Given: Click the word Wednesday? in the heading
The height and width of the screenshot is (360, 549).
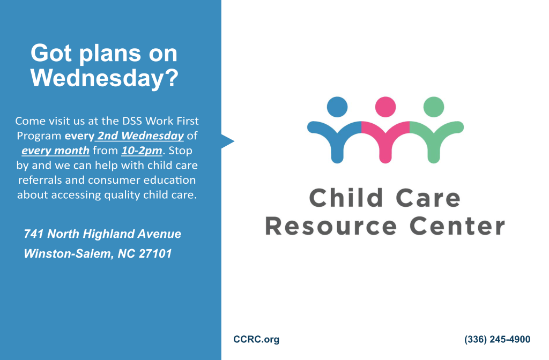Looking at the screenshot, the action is pos(105,79).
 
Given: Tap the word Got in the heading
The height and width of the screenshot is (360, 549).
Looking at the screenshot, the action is pos(51,53).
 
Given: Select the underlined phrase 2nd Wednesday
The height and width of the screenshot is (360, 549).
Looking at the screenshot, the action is pos(140,136).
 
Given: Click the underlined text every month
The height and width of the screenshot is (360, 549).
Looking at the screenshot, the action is pos(55,151).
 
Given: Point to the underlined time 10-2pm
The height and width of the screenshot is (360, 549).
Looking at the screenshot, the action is pos(142,151).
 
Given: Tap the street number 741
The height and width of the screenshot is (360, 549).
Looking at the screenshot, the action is pos(34,234).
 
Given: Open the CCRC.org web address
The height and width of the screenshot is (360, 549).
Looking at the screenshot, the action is pos(256,339).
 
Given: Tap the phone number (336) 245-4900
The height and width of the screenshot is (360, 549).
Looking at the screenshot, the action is pos(497,339).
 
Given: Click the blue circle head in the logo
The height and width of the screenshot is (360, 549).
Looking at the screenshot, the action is pos(337,107).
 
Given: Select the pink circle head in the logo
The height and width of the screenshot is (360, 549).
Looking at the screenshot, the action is pos(385,107).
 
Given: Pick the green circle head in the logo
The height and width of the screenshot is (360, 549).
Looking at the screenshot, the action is pos(434,107).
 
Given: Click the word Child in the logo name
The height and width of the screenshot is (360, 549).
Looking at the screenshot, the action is pos(346,198).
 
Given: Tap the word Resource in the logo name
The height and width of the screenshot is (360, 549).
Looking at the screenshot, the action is pos(331,227).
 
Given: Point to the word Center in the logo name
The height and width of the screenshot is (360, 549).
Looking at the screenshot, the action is pos(457,227).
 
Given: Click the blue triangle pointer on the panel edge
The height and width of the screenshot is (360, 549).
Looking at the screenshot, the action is pos(227,141).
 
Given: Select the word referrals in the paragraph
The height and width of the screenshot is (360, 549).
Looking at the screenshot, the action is pos(40,180).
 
